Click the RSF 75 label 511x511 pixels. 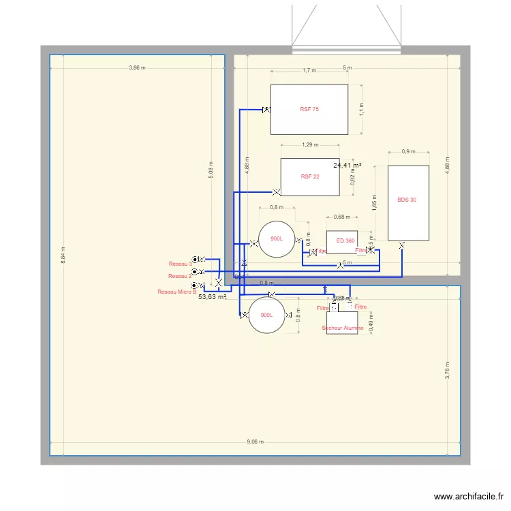coord(309,109)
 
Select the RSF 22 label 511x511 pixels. coord(310,176)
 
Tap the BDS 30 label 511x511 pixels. coord(407,200)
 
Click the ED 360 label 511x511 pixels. coord(345,241)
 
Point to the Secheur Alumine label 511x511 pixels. coord(343,328)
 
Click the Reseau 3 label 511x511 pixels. coord(180,264)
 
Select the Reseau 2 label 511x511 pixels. coord(179,276)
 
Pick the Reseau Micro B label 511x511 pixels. coord(176,292)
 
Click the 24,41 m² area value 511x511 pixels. coord(347,165)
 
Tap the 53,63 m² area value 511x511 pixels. coord(212,297)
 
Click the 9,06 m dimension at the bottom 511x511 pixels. coord(257,442)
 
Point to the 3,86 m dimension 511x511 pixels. coord(138,67)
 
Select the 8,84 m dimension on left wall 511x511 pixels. coord(63,256)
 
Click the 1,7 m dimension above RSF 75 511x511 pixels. coord(309,70)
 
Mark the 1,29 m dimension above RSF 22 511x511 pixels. coord(309,144)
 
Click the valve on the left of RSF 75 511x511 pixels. coord(266,110)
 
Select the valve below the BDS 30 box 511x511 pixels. coord(402,245)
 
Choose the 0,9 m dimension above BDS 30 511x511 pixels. coord(407,151)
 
